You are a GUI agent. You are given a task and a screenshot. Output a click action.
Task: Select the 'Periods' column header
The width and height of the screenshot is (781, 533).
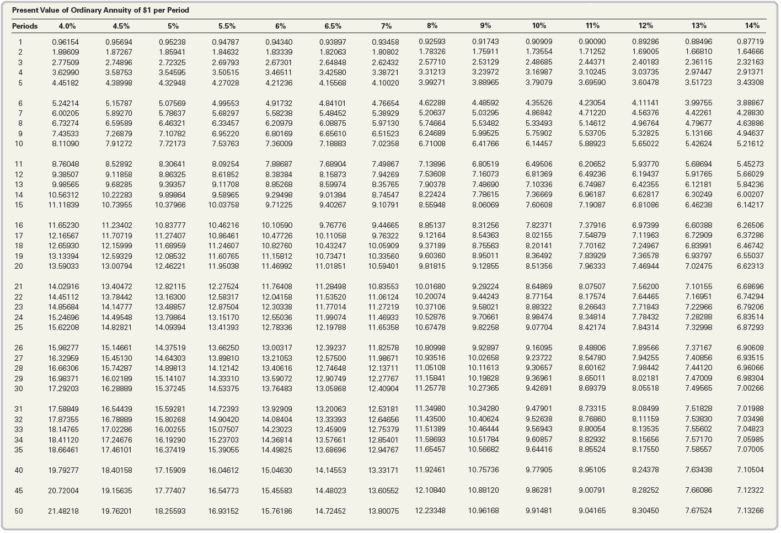(25, 26)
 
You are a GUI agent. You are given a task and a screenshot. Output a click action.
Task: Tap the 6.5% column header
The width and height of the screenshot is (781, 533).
(333, 26)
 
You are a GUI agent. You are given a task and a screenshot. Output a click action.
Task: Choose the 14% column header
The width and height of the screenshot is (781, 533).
(752, 25)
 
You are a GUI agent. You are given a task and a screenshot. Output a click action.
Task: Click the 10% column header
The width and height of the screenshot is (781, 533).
(539, 25)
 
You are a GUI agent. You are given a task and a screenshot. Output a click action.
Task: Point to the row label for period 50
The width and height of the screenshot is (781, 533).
(19, 511)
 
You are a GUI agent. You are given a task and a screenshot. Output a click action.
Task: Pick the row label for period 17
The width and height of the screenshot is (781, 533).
(19, 236)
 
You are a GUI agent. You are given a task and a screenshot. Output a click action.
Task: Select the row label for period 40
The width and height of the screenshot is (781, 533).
(19, 470)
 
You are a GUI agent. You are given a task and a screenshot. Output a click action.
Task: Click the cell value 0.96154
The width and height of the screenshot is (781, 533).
(66, 42)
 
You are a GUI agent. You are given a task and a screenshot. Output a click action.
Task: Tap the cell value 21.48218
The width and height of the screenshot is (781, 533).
(63, 511)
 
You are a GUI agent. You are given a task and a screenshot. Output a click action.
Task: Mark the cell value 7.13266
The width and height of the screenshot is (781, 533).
(750, 511)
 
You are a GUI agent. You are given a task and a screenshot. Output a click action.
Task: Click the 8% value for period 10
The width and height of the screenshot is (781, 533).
(432, 143)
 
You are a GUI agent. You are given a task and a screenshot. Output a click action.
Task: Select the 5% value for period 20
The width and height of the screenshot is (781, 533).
(170, 266)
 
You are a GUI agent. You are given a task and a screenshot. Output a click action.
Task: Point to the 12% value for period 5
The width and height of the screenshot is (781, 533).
(645, 82)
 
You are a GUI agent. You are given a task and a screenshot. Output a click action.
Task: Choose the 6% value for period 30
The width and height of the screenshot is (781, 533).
(277, 388)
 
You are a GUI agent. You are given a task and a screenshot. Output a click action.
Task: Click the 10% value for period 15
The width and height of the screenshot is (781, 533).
(539, 205)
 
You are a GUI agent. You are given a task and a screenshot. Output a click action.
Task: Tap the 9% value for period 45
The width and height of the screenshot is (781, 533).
(484, 490)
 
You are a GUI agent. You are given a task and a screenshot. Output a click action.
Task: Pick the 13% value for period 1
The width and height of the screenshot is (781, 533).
(699, 41)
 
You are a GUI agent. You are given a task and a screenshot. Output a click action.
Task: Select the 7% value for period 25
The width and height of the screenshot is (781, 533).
(383, 328)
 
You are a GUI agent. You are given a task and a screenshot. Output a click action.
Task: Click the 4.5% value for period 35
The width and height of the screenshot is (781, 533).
(117, 450)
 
